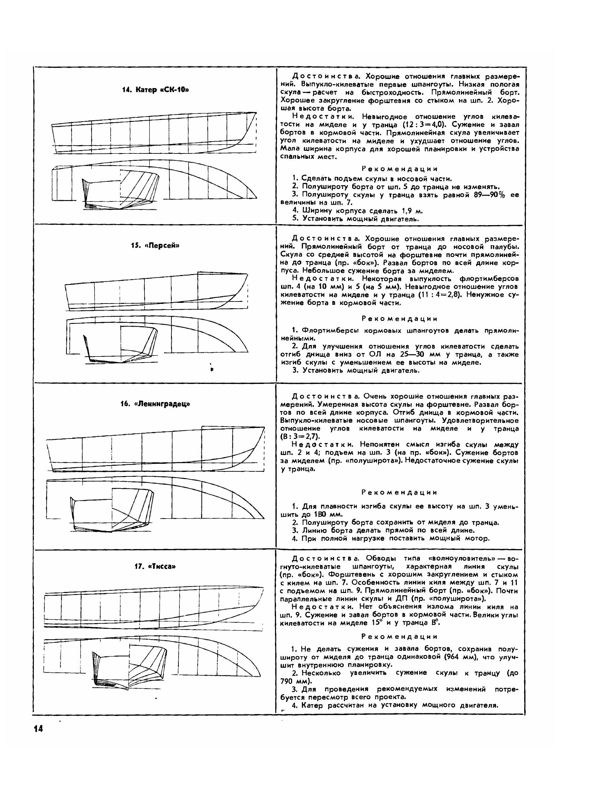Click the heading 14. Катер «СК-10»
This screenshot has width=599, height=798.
(156, 89)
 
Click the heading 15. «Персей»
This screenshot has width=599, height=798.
(155, 245)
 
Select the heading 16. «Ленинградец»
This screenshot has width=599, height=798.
(155, 404)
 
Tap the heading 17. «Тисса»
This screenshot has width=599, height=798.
(155, 566)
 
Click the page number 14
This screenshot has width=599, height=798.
(38, 748)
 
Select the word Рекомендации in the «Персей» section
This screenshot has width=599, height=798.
(399, 319)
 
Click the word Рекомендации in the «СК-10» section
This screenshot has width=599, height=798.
(399, 169)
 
